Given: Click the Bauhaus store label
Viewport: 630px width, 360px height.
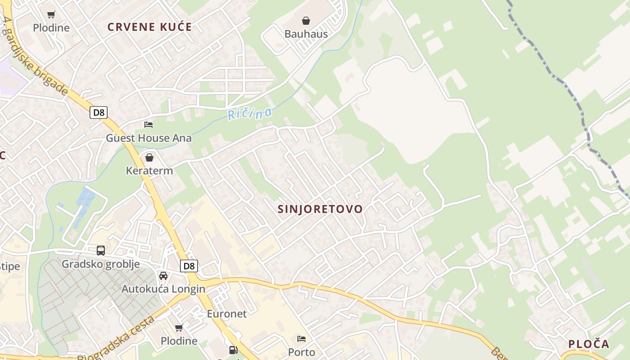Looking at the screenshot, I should [306, 34].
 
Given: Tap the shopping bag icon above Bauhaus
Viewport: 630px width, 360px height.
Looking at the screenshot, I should [306, 21].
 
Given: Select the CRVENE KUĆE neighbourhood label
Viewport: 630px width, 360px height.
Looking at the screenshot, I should [150, 27].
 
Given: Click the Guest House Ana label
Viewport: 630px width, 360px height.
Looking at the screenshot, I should [148, 138].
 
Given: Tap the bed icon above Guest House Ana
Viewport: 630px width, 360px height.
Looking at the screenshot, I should [148, 125].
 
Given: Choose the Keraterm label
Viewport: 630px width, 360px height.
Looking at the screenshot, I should [149, 171].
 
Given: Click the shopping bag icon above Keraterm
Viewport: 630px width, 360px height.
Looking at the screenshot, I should [149, 157].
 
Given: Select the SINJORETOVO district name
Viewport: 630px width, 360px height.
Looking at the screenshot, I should [320, 209].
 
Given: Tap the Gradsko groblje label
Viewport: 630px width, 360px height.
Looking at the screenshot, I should [101, 264].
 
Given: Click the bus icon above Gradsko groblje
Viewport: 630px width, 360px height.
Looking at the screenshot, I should [101, 251].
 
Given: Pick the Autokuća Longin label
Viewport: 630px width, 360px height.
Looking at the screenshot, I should [163, 289].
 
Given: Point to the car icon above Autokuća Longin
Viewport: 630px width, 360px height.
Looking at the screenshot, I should [163, 275].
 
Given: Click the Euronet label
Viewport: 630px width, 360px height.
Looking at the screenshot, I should [227, 314].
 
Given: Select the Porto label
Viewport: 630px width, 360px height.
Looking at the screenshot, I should [301, 352].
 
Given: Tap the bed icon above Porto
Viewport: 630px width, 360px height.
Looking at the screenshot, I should [301, 338].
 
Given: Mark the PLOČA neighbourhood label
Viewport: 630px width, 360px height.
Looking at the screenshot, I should [589, 344].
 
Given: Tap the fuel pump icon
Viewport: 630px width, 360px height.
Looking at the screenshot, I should [233, 350].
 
